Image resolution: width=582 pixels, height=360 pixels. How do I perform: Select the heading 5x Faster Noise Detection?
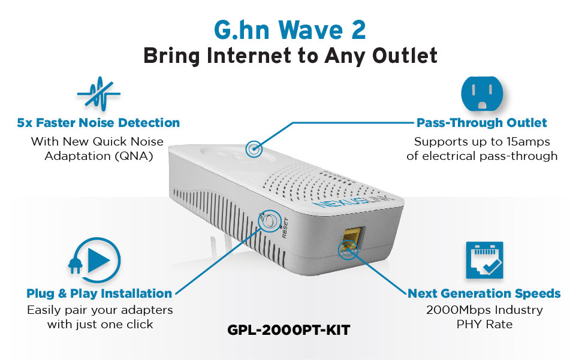(x=98, y=123)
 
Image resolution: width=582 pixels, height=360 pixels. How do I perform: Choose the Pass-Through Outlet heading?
(x=482, y=123)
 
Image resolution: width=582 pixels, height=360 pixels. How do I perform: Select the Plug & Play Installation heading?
(x=99, y=294)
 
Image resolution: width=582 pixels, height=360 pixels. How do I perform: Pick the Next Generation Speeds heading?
(x=484, y=294)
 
